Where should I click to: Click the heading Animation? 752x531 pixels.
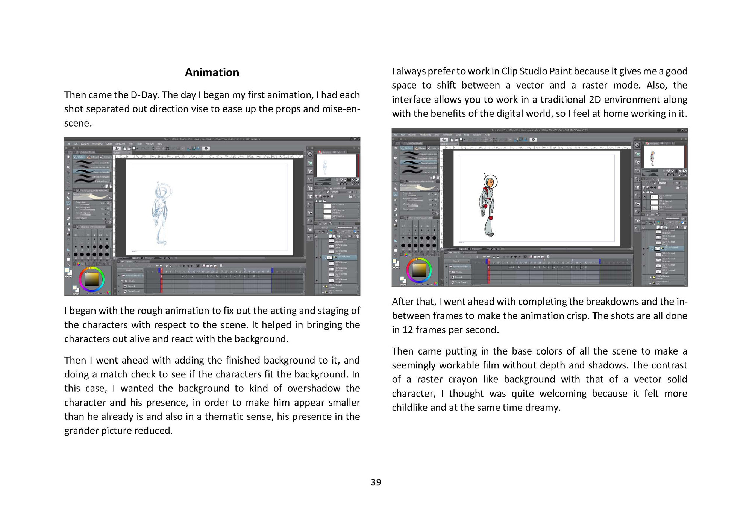[x=212, y=72]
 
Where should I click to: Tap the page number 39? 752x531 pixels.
[x=376, y=482]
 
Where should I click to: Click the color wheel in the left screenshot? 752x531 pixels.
[x=91, y=279]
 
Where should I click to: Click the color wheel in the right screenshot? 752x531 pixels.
[x=419, y=270]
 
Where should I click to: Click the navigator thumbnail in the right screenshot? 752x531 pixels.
[x=663, y=157]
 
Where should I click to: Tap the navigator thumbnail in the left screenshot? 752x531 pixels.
[x=336, y=165]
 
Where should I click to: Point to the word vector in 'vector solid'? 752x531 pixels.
[x=647, y=379]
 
